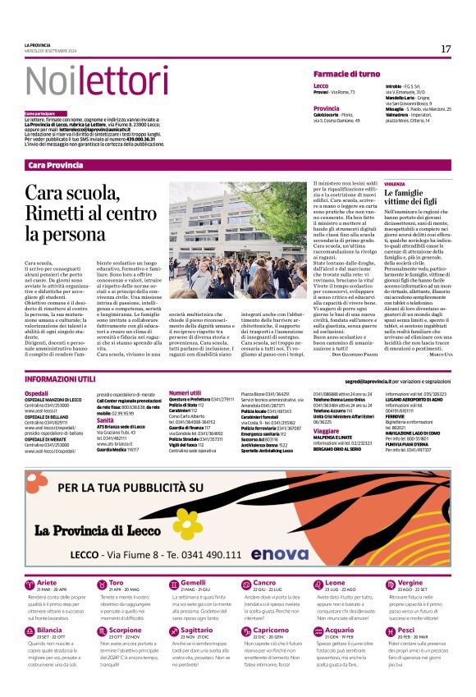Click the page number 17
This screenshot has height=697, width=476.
click(x=445, y=49)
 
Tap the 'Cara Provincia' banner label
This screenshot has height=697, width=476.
click(x=56, y=165)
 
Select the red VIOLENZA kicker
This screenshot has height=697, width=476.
click(x=396, y=184)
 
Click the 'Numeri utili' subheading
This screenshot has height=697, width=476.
click(x=185, y=393)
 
